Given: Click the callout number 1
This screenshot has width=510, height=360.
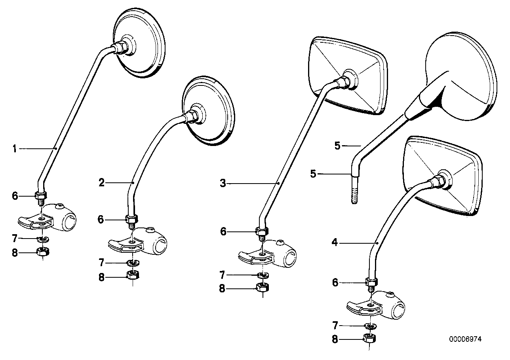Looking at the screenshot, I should coord(15,149).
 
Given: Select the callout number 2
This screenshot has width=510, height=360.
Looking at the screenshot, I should coord(102,183).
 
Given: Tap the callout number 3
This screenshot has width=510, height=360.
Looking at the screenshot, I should coord(223,183).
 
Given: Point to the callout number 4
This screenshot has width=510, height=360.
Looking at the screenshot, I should coord(335,243).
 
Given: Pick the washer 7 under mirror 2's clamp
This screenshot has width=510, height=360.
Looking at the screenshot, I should coord(131,263).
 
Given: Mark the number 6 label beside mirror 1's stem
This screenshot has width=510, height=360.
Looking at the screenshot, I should coord(15,196).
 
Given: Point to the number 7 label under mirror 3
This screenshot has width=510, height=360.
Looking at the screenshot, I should coord(223,275).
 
